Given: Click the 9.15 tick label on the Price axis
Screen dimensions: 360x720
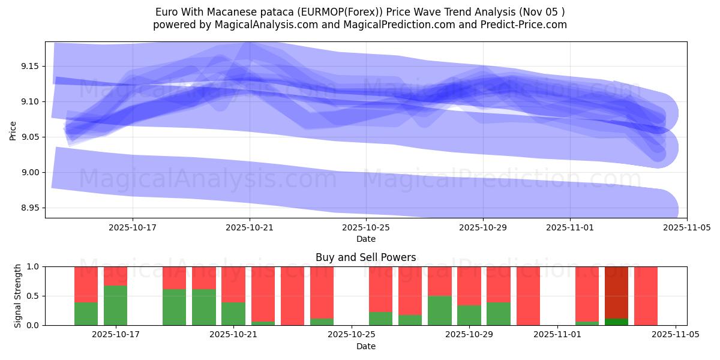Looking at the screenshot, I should [29, 66].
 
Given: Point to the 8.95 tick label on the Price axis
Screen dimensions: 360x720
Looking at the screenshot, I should [29, 208].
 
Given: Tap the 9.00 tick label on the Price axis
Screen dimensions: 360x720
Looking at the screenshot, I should [29, 173].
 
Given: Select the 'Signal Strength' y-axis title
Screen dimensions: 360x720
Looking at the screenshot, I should [18, 296].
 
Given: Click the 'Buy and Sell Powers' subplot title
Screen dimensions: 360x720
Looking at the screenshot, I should [365, 257].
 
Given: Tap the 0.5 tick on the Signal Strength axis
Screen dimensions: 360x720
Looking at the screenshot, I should [32, 296].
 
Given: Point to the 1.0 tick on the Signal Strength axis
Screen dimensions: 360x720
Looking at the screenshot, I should [32, 266].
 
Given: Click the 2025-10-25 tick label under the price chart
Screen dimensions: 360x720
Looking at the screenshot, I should [366, 228].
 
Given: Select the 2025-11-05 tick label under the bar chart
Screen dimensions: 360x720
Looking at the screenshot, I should [676, 335].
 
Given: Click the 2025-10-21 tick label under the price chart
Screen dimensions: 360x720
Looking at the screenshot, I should [250, 228].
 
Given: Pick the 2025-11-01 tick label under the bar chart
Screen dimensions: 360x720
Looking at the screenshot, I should [558, 335].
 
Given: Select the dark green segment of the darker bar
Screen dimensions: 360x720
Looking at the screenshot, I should [616, 322].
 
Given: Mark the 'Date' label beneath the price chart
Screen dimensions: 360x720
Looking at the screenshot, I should [365, 239].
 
